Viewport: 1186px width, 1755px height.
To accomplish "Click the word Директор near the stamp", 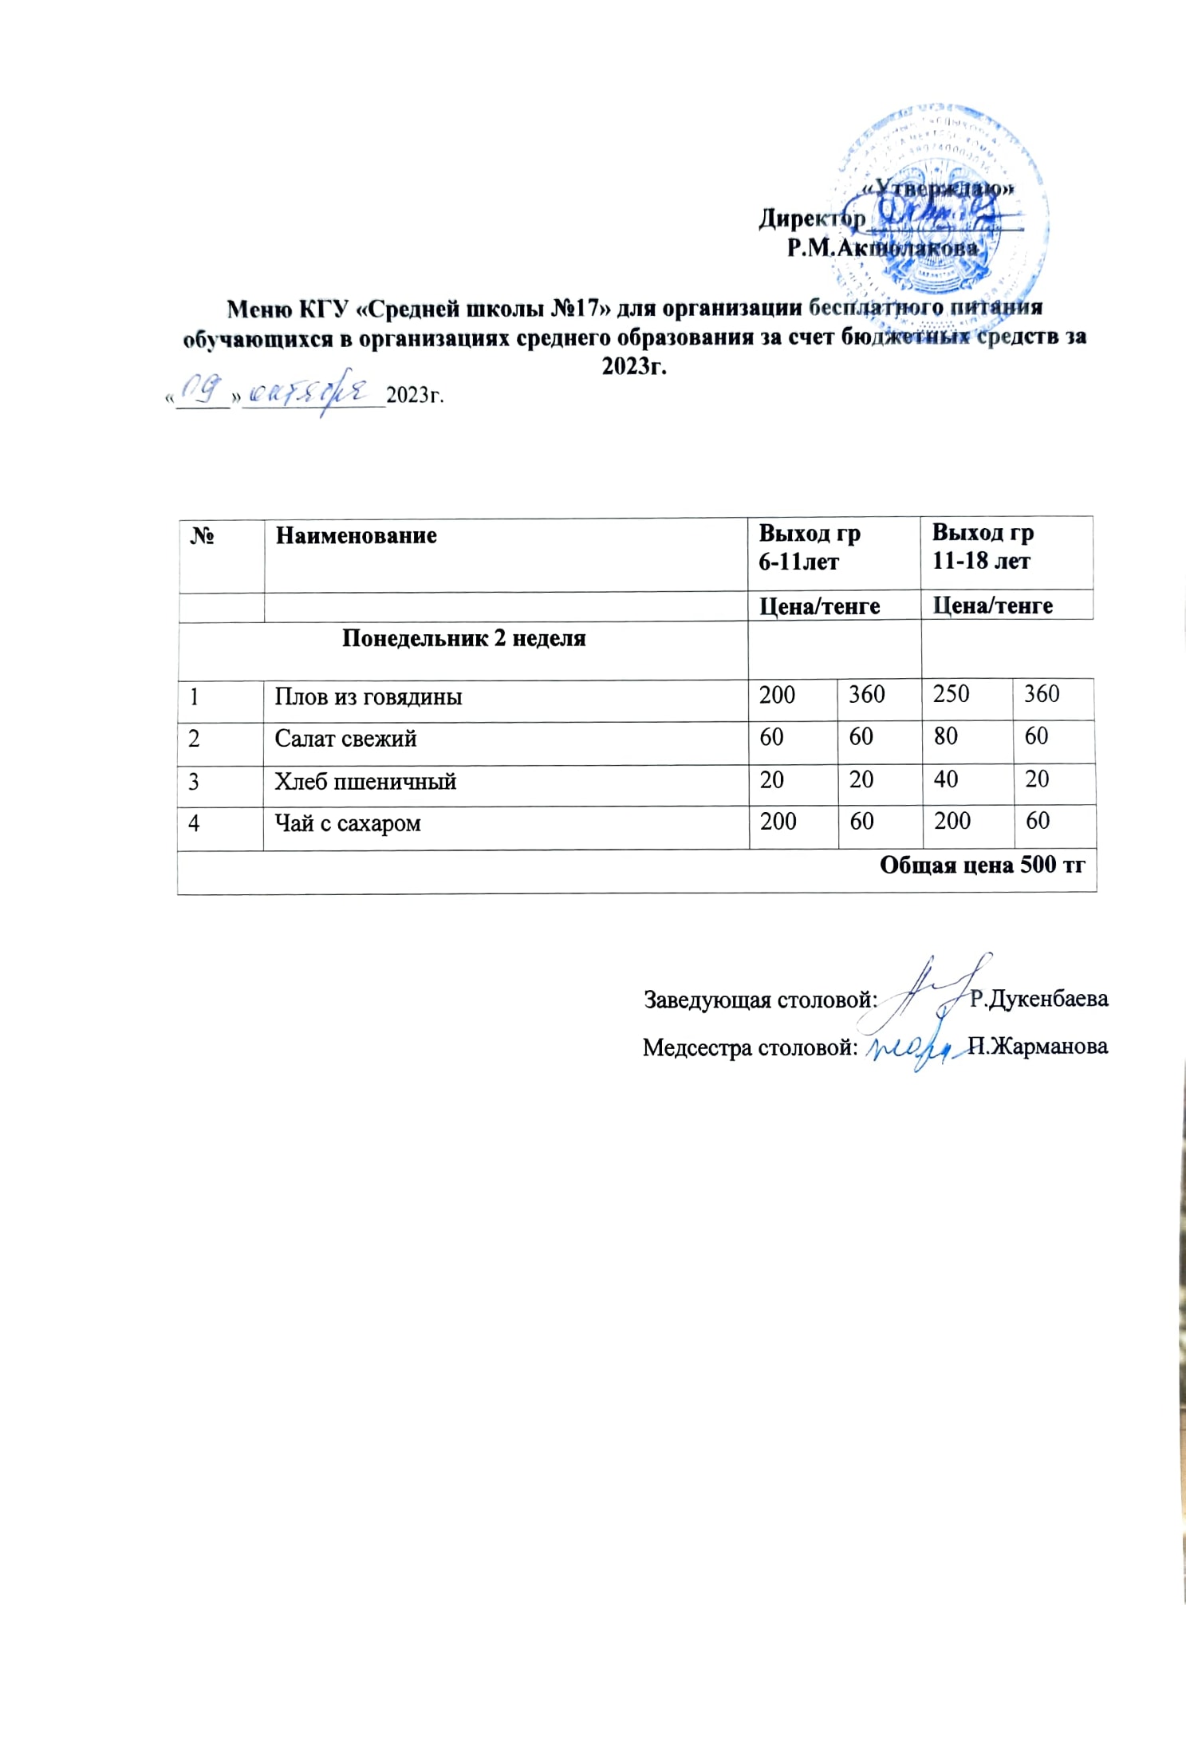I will [811, 218].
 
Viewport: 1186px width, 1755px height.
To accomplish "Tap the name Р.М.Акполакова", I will [882, 248].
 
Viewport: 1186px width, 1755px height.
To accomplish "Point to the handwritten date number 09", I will [199, 388].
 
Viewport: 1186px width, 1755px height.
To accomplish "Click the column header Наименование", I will [356, 535].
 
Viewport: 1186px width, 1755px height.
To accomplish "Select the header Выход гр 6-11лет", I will [809, 547].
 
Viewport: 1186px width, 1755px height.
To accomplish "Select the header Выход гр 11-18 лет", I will [982, 546].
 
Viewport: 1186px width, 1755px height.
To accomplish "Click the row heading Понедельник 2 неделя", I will [463, 638].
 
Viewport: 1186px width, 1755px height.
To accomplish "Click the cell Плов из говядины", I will [368, 696].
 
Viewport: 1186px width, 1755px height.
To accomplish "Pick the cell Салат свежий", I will [345, 739].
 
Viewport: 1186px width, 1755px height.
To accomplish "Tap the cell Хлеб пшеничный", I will [365, 781].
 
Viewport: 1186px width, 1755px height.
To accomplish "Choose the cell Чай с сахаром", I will [347, 823].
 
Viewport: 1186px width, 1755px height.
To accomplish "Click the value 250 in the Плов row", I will [951, 694].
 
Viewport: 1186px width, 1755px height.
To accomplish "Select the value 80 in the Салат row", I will [945, 736].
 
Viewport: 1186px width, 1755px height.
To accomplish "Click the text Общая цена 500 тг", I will [981, 866].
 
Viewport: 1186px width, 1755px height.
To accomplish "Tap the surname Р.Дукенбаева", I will [1038, 999].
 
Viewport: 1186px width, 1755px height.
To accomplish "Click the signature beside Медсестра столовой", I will [913, 1047].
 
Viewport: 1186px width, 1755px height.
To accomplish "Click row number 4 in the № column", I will [194, 823].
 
